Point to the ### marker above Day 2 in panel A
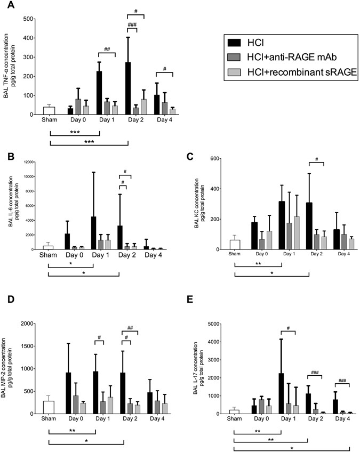coord(129,24)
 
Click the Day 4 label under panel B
coord(146,257)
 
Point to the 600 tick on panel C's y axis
coord(219,159)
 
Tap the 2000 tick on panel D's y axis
coord(30,324)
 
